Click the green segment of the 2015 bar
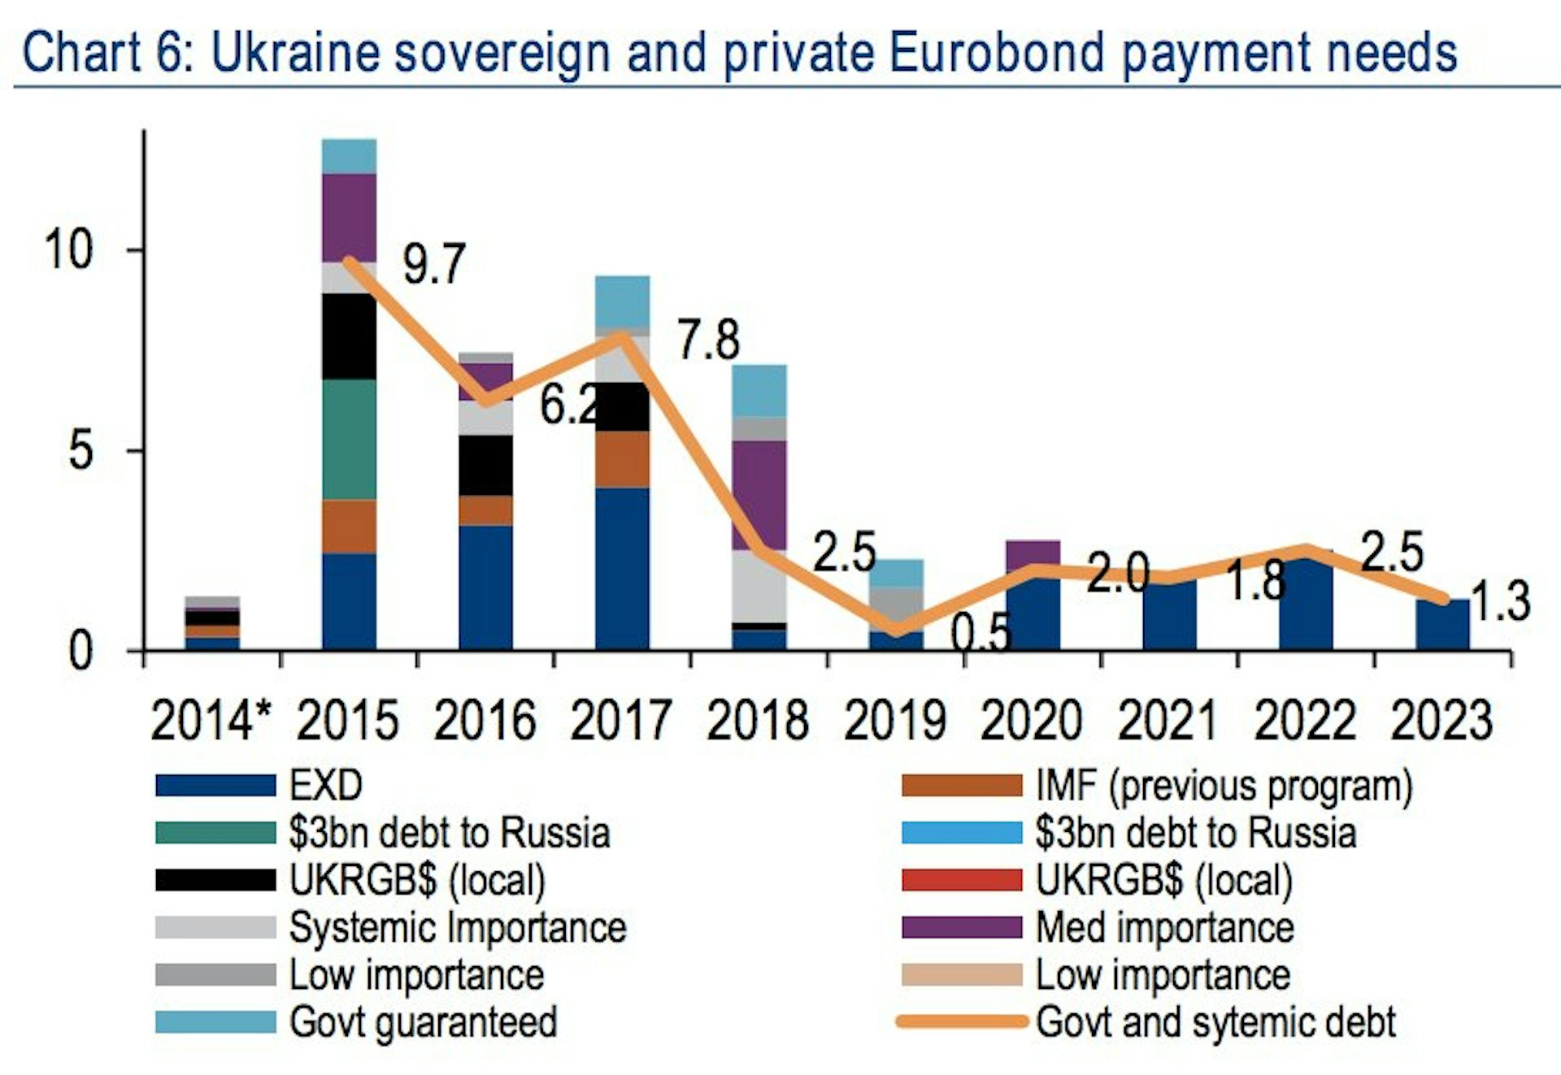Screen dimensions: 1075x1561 349,439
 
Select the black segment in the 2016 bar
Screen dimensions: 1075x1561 485,465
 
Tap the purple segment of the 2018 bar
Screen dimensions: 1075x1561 759,495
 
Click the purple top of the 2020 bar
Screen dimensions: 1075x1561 1033,551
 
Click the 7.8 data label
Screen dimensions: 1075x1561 708,340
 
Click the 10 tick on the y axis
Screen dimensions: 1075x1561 69,249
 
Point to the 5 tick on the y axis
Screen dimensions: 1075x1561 80,449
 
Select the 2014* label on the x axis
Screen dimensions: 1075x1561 211,721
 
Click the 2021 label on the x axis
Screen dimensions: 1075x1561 1168,721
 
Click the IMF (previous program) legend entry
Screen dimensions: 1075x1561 1224,786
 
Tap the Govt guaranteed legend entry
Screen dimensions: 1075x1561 423,1022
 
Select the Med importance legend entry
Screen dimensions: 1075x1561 1164,927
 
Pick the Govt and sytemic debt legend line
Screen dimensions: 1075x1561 963,1022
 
